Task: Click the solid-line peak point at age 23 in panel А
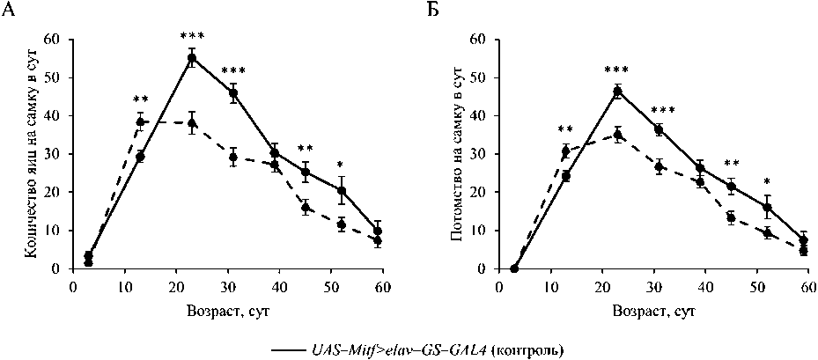click(x=191, y=58)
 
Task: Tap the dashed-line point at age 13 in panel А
click(x=140, y=122)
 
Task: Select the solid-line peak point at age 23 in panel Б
click(x=617, y=91)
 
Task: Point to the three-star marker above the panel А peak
click(x=192, y=36)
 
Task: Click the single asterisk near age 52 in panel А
click(x=341, y=165)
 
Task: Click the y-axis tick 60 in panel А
click(x=55, y=40)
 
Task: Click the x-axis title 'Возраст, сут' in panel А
click(x=227, y=310)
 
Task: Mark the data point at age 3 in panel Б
click(x=514, y=268)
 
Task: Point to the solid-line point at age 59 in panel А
click(x=378, y=231)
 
